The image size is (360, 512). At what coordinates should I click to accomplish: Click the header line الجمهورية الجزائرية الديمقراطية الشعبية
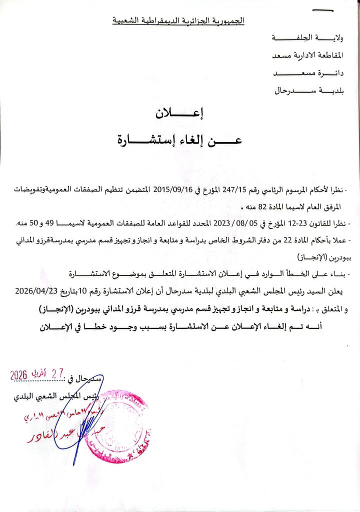click(178, 21)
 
